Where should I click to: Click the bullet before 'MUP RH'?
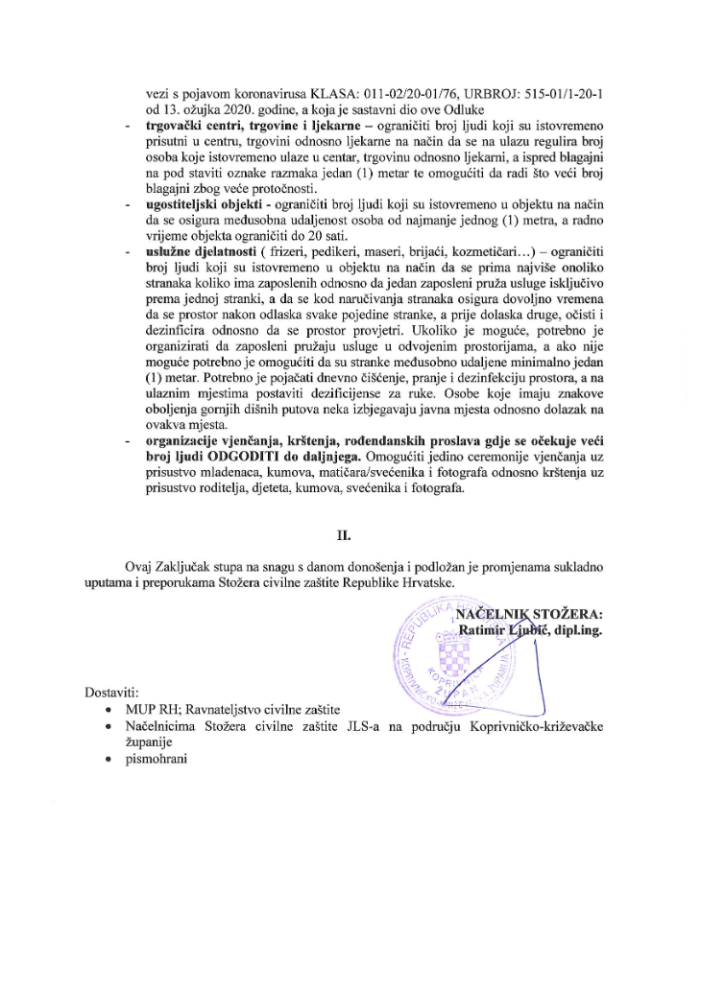(116, 711)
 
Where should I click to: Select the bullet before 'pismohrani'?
(116, 759)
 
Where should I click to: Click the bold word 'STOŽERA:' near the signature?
(566, 613)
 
